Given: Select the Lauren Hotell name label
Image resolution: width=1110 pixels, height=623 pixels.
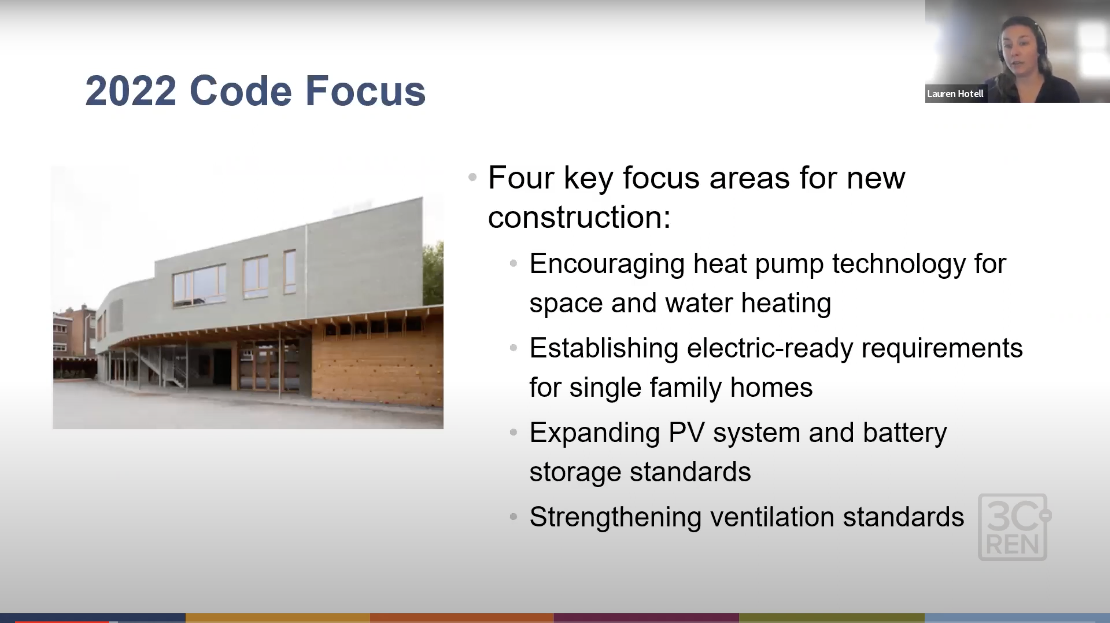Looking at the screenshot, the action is (955, 94).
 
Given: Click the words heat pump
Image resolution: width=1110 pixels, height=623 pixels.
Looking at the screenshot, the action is (758, 264).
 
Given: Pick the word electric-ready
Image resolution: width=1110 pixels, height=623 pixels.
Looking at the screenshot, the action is (770, 348).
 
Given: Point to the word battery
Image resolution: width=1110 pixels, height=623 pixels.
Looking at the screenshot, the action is (905, 433).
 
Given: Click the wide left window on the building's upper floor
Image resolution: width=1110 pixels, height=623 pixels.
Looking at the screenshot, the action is (199, 285).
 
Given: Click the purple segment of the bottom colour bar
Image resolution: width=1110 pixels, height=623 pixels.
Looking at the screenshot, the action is (646, 618).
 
